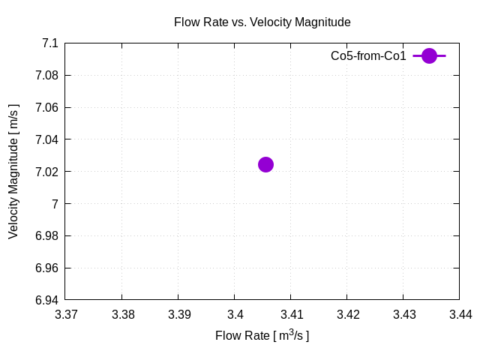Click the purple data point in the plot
265,164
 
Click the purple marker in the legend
429,55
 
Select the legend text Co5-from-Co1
368,55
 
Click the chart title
262,22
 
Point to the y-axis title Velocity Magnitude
13,172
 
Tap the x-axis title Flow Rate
262,335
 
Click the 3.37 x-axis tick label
66,314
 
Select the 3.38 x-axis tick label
122,314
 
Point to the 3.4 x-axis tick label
235,314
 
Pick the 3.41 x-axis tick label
291,314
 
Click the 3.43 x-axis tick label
403,314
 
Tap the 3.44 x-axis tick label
460,314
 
